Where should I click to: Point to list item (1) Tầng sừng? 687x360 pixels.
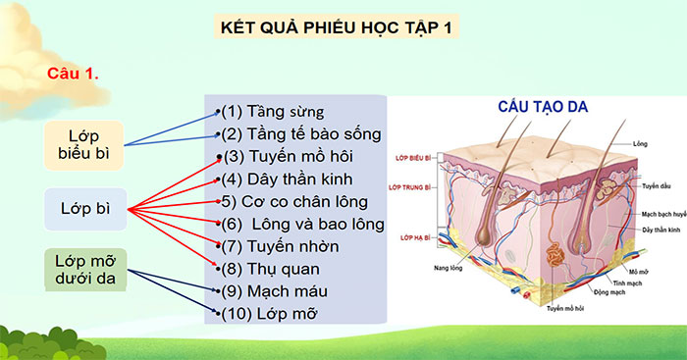272,111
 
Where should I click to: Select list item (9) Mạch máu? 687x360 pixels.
274,290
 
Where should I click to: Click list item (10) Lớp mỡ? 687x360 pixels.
272,313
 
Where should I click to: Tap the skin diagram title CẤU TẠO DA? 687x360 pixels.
542,106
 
